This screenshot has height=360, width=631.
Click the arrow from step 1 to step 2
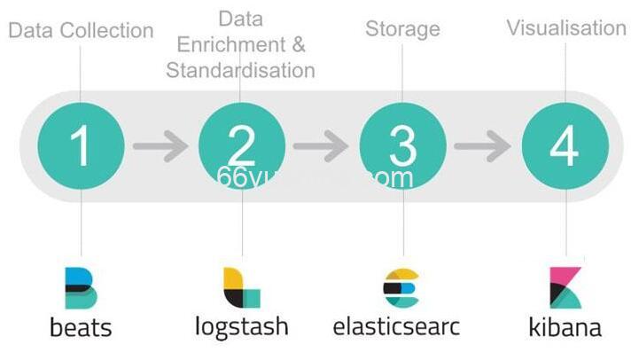pyautogui.click(x=160, y=145)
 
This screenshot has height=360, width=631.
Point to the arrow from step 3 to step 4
pyautogui.click(x=484, y=145)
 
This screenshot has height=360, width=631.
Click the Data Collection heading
pyautogui.click(x=81, y=31)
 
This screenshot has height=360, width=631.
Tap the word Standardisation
pyautogui.click(x=241, y=70)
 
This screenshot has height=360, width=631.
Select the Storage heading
pyautogui.click(x=402, y=29)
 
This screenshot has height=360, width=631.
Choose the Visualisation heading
pyautogui.click(x=566, y=27)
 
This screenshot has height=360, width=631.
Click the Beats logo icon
pyautogui.click(x=81, y=287)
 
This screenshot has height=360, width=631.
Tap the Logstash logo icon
pyautogui.click(x=241, y=287)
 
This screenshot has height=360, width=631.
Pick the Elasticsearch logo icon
pyautogui.click(x=400, y=287)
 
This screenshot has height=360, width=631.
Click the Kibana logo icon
pyautogui.click(x=565, y=287)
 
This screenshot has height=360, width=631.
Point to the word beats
pyautogui.click(x=81, y=327)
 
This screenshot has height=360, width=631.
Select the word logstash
pyautogui.click(x=242, y=325)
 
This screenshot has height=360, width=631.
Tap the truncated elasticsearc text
pyautogui.click(x=397, y=325)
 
